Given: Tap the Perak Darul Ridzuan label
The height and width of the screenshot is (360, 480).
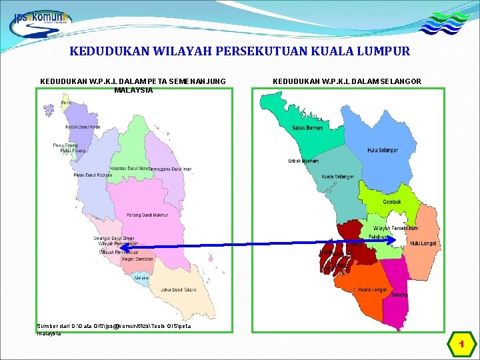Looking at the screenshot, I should click(x=93, y=175).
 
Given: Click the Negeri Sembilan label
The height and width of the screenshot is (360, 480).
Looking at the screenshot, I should click(x=139, y=259).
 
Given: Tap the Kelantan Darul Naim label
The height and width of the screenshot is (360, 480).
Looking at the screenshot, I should click(x=129, y=169).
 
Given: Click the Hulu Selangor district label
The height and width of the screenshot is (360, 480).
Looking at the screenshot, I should click(x=383, y=150).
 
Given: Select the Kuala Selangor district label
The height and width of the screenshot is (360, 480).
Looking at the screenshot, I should click(x=337, y=177).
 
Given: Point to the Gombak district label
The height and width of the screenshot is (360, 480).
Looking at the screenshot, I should click(x=392, y=202).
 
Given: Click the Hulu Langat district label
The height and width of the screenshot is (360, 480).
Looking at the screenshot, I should click(x=424, y=243).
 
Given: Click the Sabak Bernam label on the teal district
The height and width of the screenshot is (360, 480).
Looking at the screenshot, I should click(x=307, y=127).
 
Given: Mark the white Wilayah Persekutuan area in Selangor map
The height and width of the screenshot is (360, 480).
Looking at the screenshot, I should click(x=398, y=227).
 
